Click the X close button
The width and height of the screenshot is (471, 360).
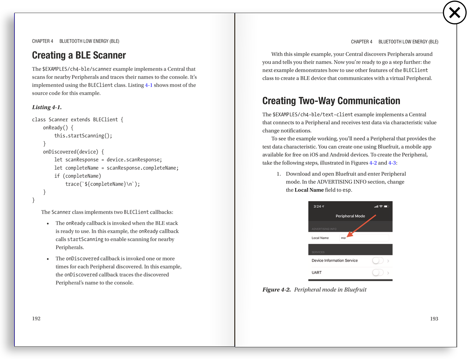click(455, 13)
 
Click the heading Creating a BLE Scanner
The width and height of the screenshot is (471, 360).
click(79, 55)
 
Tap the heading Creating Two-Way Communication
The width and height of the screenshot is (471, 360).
click(331, 101)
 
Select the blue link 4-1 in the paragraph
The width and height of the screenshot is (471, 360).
click(149, 85)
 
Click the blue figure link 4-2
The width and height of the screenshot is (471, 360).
click(373, 163)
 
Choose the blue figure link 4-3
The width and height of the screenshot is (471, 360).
click(392, 163)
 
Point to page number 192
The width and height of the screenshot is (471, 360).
click(36, 318)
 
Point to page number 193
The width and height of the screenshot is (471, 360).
click(434, 319)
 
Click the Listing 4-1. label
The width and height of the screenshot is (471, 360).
click(47, 107)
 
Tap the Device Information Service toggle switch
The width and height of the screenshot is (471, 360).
click(378, 261)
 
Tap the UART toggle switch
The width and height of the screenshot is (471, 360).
click(378, 273)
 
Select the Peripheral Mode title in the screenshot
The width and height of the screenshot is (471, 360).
click(350, 216)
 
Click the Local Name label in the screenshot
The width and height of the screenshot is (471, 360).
click(320, 238)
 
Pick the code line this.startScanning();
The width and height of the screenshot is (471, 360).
click(83, 136)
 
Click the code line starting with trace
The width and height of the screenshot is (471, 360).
click(103, 184)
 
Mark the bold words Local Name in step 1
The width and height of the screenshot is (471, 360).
click(309, 190)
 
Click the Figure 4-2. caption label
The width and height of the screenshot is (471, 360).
click(277, 290)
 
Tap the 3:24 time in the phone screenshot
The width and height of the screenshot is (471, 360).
click(317, 206)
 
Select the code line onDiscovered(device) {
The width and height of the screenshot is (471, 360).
click(73, 152)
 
